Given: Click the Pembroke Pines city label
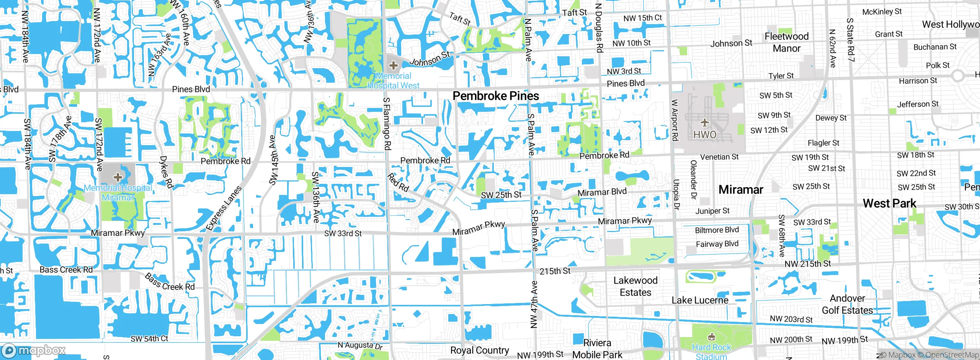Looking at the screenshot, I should click(496, 96).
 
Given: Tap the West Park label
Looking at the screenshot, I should click(890, 203).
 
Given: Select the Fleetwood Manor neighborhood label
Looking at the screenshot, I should click(786, 42).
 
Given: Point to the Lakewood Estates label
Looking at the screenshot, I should click(635, 286).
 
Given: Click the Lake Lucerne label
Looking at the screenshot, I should click(700, 300).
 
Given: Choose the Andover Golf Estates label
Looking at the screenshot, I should click(848, 304).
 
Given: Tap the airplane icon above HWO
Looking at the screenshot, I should click(705, 123).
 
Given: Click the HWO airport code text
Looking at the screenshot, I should click(705, 135).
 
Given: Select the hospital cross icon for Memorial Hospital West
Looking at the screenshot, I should click(393, 65).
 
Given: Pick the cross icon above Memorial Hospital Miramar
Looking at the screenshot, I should click(118, 177).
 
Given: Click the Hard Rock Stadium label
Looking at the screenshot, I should click(711, 352).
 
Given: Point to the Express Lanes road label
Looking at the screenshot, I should click(224, 208).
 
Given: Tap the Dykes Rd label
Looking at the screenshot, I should click(166, 172).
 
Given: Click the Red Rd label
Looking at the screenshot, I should click(398, 183).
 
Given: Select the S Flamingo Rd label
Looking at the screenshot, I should click(387, 123).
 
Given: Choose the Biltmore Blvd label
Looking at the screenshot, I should click(717, 230).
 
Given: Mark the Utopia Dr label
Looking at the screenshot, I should click(676, 195).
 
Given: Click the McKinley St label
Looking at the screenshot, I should click(882, 12).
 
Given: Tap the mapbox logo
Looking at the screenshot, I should click(34, 350).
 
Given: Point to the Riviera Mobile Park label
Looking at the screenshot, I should click(597, 349).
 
